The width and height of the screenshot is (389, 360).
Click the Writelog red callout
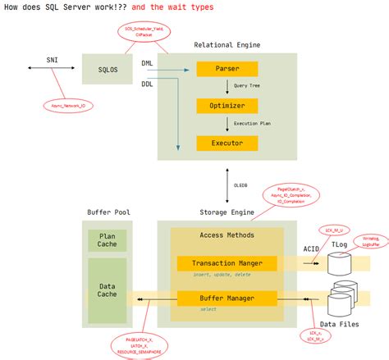[371, 241]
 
